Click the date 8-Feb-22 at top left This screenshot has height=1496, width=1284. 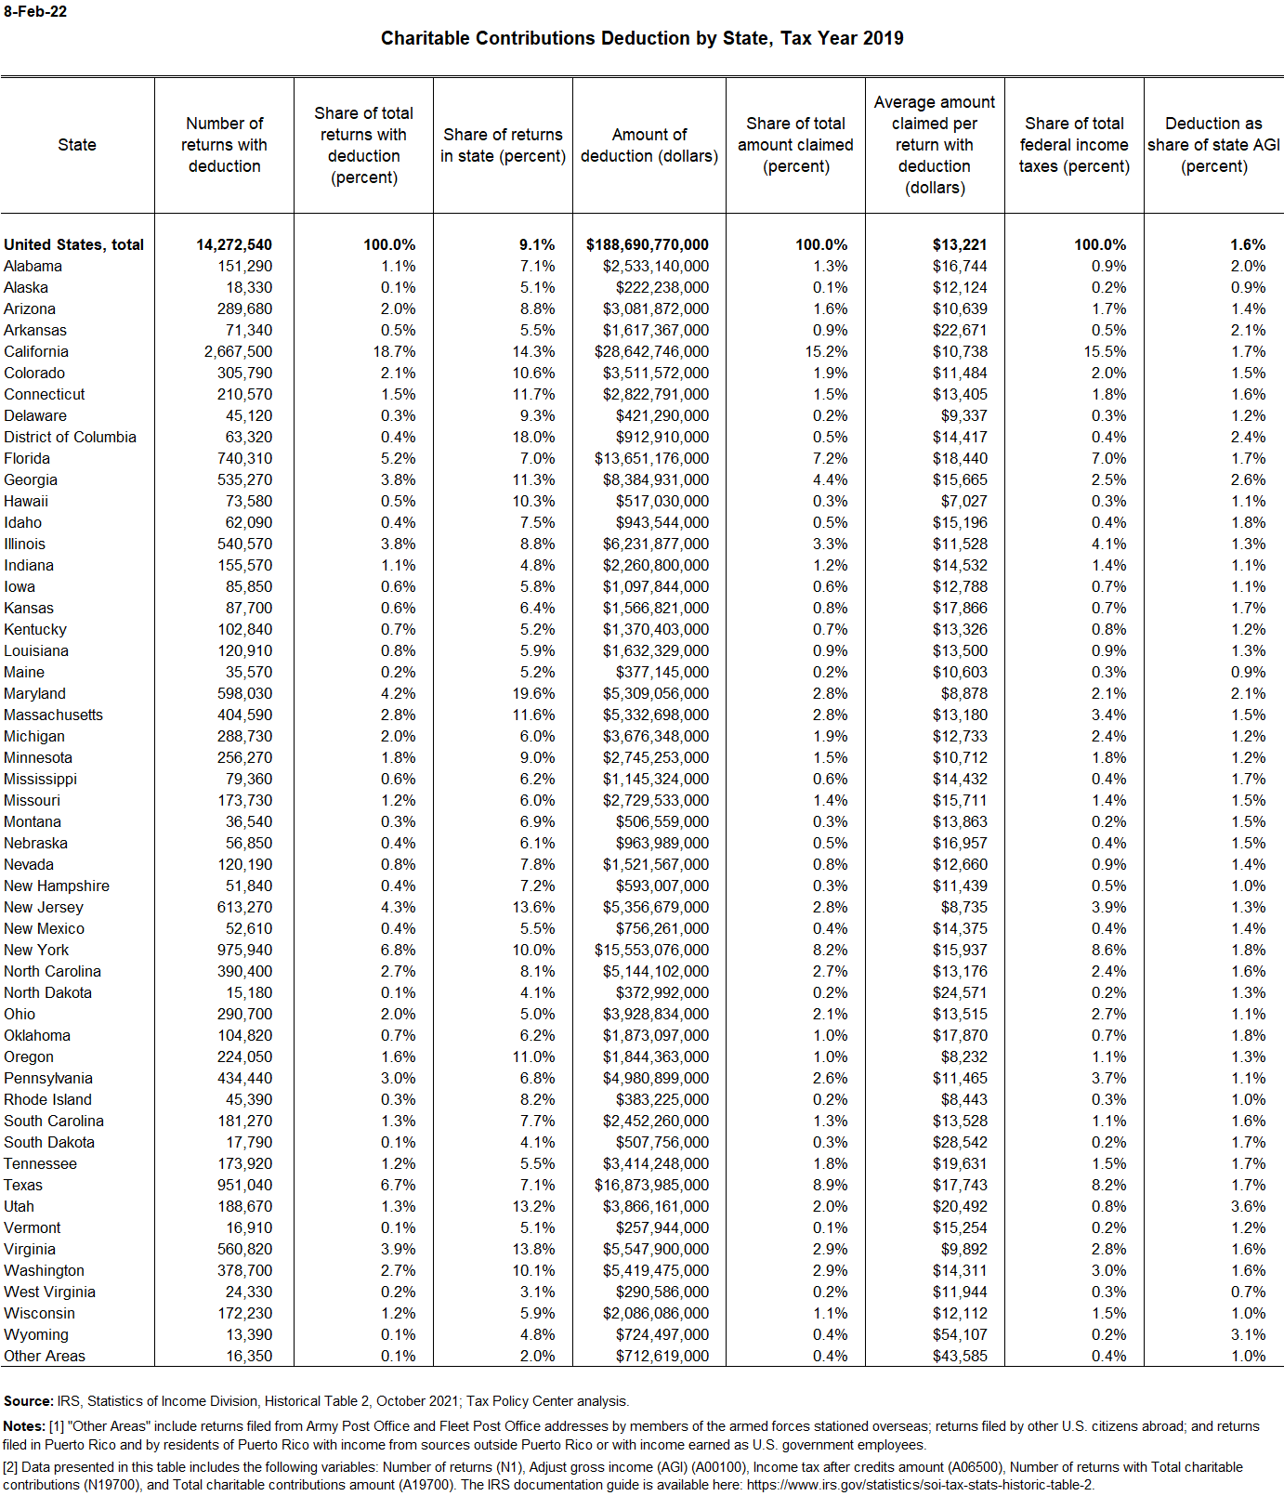coord(35,12)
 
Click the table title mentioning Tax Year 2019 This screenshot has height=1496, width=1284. coord(642,38)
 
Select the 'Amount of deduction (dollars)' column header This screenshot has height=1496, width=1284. coord(649,146)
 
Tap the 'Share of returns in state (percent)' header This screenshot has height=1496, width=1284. coord(503,146)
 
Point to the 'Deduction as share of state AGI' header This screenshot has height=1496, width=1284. coord(1213,145)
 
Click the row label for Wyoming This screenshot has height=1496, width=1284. coord(36,1334)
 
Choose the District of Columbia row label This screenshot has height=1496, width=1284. coord(70,437)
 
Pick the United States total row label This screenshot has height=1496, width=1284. coord(73,244)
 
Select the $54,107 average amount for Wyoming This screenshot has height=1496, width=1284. coord(960,1334)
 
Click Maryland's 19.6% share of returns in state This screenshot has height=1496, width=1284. coord(537,693)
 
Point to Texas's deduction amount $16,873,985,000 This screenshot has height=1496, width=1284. coord(651,1185)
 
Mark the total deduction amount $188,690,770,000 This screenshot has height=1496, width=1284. coord(647,244)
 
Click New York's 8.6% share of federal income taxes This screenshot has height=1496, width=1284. coord(1108,950)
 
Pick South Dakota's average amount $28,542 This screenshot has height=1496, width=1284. coord(960,1142)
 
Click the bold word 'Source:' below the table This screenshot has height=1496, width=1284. coord(29,1401)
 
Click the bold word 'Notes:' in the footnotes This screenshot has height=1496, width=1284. coord(24,1426)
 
